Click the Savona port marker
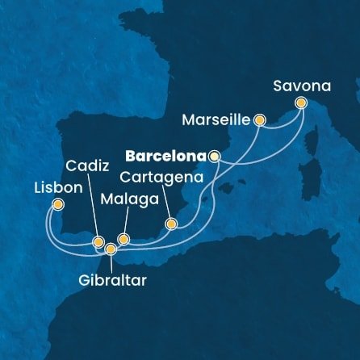click(301, 103)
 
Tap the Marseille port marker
click(260, 120)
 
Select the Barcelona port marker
click(214, 157)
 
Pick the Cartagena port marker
click(170, 224)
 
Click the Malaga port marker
click(123, 238)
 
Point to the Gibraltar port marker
click(111, 249)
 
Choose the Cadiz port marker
click(98, 241)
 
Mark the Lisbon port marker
click(57, 205)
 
